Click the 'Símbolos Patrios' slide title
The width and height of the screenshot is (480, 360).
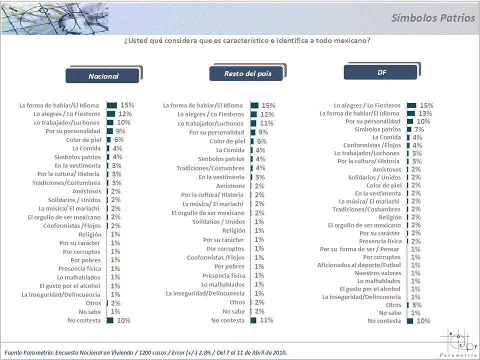coord(433,18)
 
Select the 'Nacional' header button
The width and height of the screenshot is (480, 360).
coord(103,76)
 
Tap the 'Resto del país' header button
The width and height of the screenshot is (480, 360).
coord(247,73)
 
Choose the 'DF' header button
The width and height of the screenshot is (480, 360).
coord(381,72)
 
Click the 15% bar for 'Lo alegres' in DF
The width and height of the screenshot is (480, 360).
coord(411,105)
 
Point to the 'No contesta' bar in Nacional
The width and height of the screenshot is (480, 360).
coord(110,320)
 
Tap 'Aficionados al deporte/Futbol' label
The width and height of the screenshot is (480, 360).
coord(358,265)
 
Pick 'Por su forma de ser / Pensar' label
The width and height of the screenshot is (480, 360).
coord(360,249)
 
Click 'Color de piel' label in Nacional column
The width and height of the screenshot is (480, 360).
coord(83,140)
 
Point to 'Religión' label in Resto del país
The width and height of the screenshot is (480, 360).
coord(233,230)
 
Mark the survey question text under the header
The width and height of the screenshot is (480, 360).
coord(246,40)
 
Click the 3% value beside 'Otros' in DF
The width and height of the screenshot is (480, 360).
coord(417,305)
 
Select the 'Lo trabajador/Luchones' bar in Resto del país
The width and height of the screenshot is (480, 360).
coord(254,123)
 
